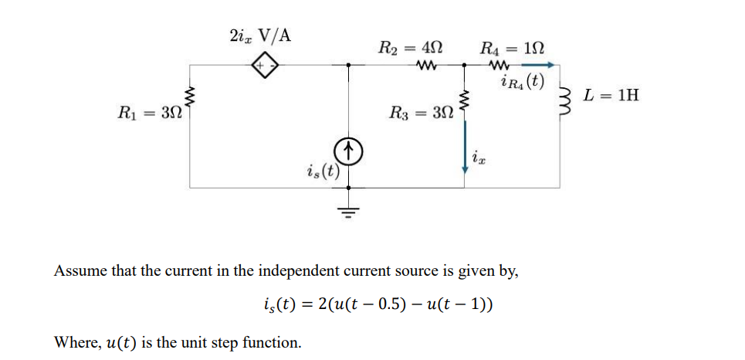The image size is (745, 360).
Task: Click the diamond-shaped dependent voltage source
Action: [x=266, y=67]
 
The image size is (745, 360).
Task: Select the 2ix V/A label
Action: [x=260, y=36]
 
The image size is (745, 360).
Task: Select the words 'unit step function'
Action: [x=246, y=341]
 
